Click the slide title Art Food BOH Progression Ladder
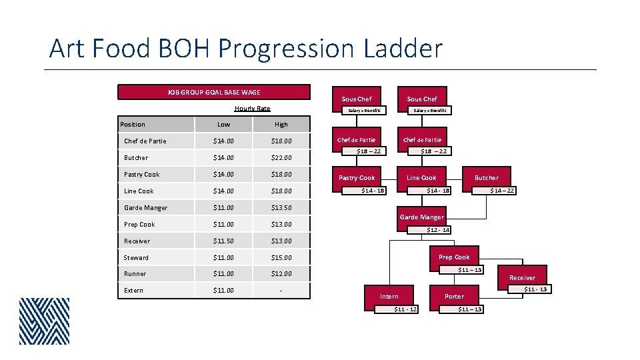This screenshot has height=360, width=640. coord(245,49)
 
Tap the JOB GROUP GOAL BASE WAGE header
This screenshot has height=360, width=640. coord(213,92)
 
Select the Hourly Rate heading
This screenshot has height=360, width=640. coord(252,109)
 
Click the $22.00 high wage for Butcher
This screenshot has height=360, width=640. coord(281,158)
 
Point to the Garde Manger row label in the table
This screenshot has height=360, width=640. coord(145,208)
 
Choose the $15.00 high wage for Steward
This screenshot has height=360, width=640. coord(281,257)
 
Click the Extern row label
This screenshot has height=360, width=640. coord(134,291)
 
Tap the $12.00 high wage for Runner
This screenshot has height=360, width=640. coord(281,274)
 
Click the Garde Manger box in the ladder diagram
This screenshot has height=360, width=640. coord(421,217)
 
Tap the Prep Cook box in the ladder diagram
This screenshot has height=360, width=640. coord(454,257)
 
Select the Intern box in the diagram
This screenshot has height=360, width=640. coord(389,296)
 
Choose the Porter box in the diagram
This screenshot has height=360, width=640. coord(454,296)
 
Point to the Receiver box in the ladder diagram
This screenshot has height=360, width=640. coord(522,277)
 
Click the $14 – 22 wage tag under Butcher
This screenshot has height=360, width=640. coord(501,191)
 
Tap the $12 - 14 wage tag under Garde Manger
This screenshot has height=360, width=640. coord(438,230)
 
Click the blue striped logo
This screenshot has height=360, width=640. coord(44,321)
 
